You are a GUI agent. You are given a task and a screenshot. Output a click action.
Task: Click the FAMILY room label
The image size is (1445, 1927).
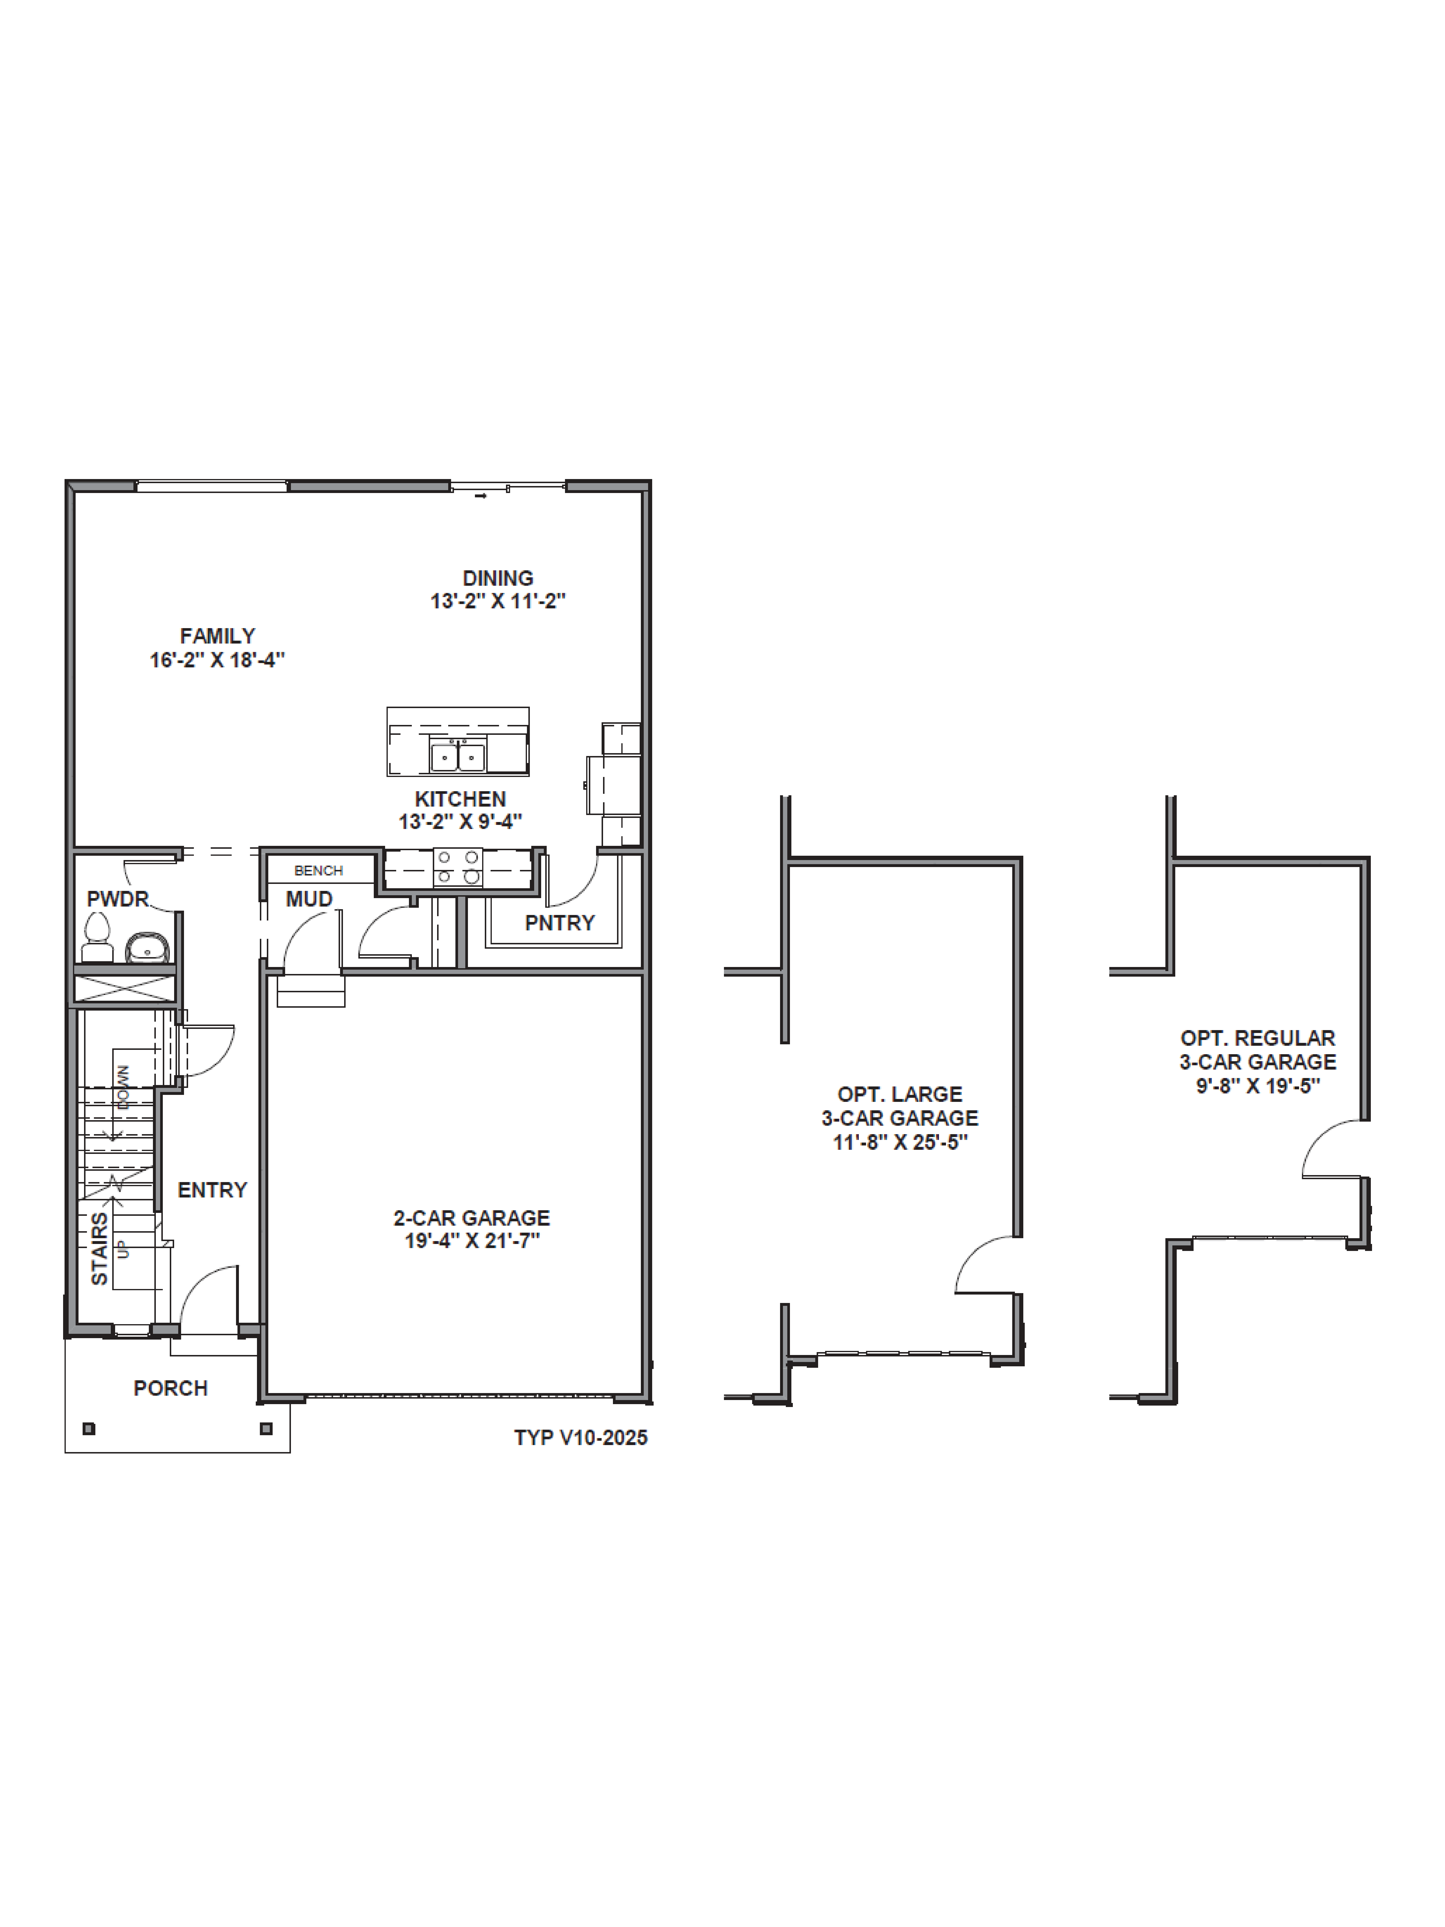(x=217, y=636)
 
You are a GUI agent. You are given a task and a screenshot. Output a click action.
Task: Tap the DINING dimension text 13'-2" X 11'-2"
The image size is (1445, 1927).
(x=497, y=601)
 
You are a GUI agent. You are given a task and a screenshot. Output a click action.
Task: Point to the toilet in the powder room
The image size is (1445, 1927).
(x=97, y=938)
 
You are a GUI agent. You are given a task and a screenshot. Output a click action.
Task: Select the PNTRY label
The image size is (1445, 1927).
(x=559, y=922)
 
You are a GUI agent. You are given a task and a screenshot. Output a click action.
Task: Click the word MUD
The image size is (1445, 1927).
(x=309, y=899)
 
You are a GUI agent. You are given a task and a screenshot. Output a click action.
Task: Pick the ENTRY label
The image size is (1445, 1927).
(x=212, y=1190)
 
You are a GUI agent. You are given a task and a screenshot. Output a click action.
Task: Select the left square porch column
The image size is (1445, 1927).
(x=89, y=1429)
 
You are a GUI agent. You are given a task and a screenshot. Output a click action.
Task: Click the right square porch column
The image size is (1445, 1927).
(x=267, y=1429)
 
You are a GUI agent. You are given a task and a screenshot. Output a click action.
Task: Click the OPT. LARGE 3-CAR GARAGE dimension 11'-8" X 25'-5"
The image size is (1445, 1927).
(x=900, y=1142)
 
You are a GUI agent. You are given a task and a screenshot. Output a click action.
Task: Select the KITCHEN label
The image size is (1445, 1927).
(x=460, y=799)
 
